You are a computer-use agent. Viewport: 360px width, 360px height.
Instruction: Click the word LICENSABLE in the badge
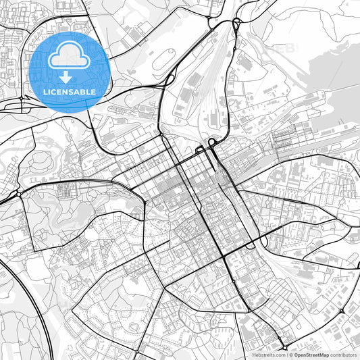[x=70, y=91]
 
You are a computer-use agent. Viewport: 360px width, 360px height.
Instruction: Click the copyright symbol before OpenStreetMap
[x=290, y=355]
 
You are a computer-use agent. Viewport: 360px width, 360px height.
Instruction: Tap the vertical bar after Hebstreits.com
[x=286, y=355]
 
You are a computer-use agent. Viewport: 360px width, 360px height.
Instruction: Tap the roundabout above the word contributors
[x=342, y=311]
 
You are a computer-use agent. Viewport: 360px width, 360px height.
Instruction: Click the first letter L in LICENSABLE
[x=45, y=91]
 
